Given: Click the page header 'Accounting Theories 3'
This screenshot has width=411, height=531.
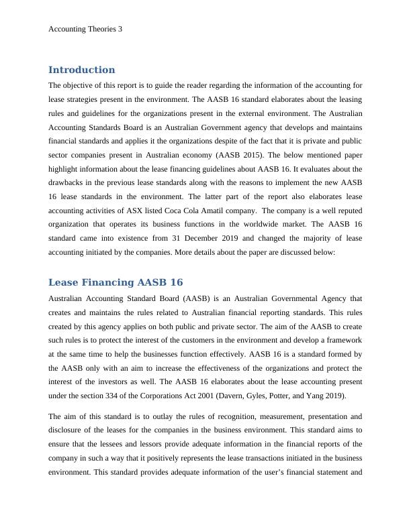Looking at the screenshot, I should point(86,29).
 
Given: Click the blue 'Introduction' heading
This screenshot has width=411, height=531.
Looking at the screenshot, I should point(81,70).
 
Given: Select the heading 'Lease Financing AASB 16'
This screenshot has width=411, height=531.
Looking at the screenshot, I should point(116,282).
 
